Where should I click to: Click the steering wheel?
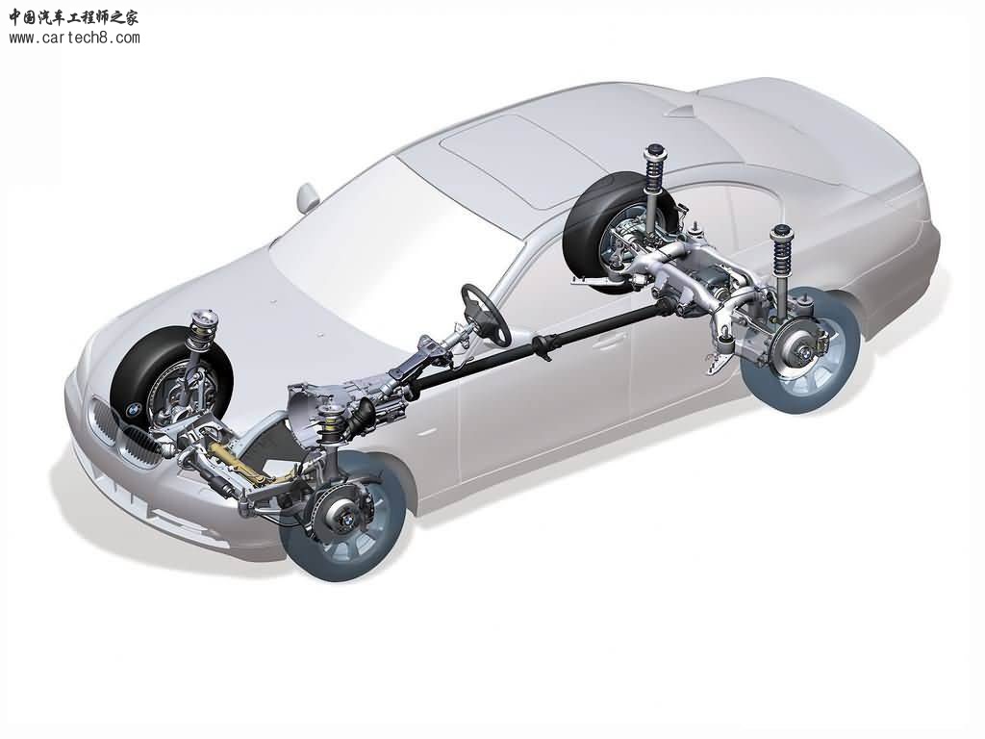485,315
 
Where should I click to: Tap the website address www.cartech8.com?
74,38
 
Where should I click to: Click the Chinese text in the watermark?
73,17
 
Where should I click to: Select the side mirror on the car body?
308,198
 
